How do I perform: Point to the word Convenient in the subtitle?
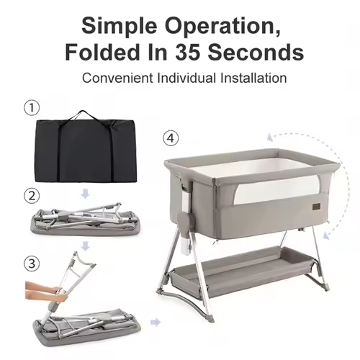tap(117, 78)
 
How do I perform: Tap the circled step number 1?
tap(32, 108)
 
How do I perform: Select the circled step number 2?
tap(32, 196)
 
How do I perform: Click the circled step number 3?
tap(32, 264)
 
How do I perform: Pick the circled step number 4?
tap(171, 138)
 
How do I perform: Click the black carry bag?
tap(86, 150)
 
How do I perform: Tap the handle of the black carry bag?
tap(84, 114)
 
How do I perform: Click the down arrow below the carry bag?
tap(86, 194)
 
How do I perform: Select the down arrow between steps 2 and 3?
tap(86, 246)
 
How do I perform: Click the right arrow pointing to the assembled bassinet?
tap(156, 323)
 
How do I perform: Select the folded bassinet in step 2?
tap(86, 220)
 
